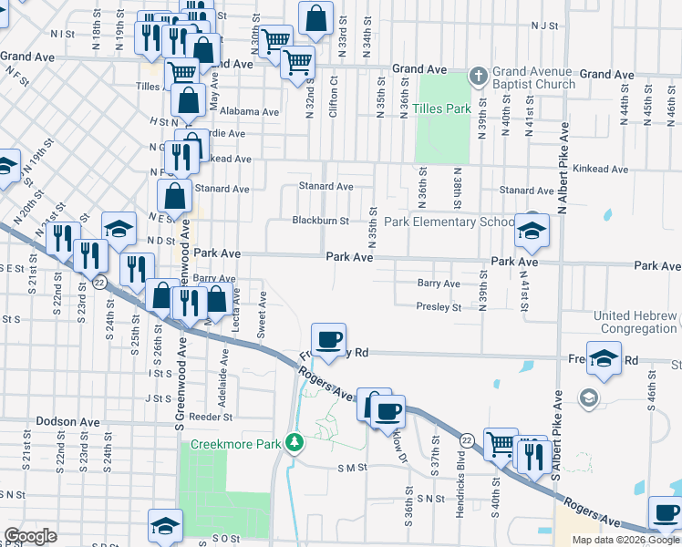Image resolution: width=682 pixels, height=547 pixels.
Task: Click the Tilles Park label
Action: [441, 108]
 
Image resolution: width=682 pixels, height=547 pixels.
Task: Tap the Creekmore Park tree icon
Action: [294, 443]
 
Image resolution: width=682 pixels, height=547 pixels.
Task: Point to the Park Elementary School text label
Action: [449, 222]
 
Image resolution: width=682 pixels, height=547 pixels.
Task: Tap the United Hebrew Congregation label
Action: [635, 323]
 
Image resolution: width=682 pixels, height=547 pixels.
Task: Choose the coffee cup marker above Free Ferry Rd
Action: [328, 339]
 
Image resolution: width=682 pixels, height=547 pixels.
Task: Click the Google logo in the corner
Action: [30, 536]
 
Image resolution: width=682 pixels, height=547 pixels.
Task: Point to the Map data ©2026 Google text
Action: [625, 540]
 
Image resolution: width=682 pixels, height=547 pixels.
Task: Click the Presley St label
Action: [439, 307]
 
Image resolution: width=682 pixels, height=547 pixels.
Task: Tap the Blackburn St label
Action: [320, 221]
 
